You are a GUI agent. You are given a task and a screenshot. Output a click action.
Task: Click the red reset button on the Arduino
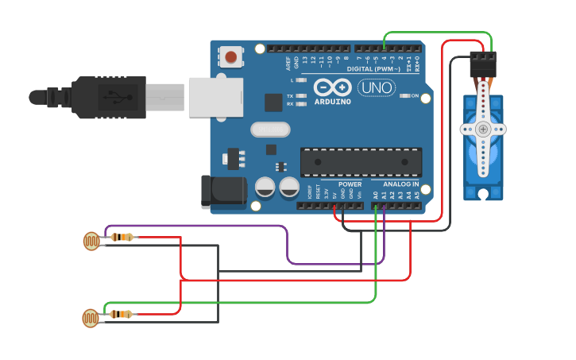coord(230,56)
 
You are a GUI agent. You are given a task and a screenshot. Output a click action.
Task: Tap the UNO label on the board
coord(377,87)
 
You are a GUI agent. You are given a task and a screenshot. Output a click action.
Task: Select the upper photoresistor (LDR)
coord(92,240)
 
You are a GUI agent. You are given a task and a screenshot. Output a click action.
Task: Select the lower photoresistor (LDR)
coord(92,318)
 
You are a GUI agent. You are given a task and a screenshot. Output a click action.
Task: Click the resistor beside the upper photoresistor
coord(122,237)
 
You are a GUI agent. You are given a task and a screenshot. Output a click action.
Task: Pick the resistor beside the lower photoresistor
coord(121,314)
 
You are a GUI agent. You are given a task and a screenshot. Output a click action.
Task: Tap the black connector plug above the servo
coord(482,64)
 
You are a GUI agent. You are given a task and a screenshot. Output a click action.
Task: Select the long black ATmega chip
coord(361,162)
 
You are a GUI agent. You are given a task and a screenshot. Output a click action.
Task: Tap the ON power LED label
coord(415,95)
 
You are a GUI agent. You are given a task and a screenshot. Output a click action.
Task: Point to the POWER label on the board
coord(350,184)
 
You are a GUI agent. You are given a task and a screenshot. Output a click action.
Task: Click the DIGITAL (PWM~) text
coord(372,69)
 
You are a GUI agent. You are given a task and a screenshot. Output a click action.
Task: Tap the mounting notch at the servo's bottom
coord(482,194)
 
